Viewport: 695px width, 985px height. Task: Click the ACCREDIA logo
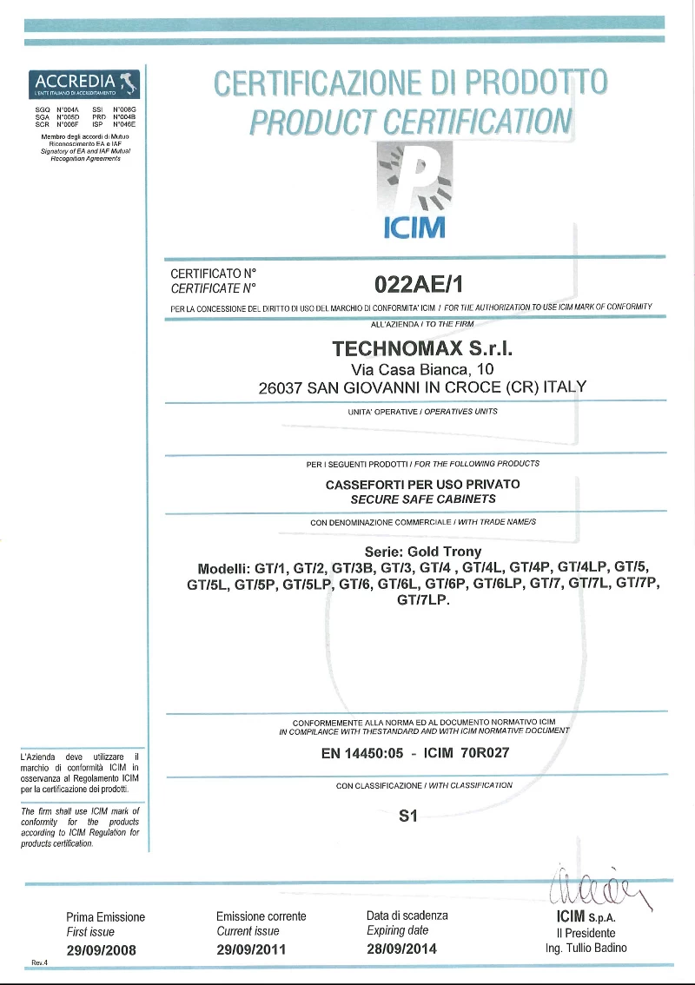[x=83, y=84]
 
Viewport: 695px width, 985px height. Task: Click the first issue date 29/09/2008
[x=102, y=949]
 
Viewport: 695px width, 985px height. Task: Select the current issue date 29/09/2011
[x=251, y=949]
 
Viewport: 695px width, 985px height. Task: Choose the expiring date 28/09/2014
[x=402, y=949]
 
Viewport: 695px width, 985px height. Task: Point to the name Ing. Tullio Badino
[x=586, y=948]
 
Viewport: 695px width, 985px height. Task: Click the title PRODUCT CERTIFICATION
[x=411, y=122]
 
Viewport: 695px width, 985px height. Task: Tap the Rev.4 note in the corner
[x=39, y=962]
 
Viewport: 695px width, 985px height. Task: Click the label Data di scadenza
[x=407, y=916]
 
